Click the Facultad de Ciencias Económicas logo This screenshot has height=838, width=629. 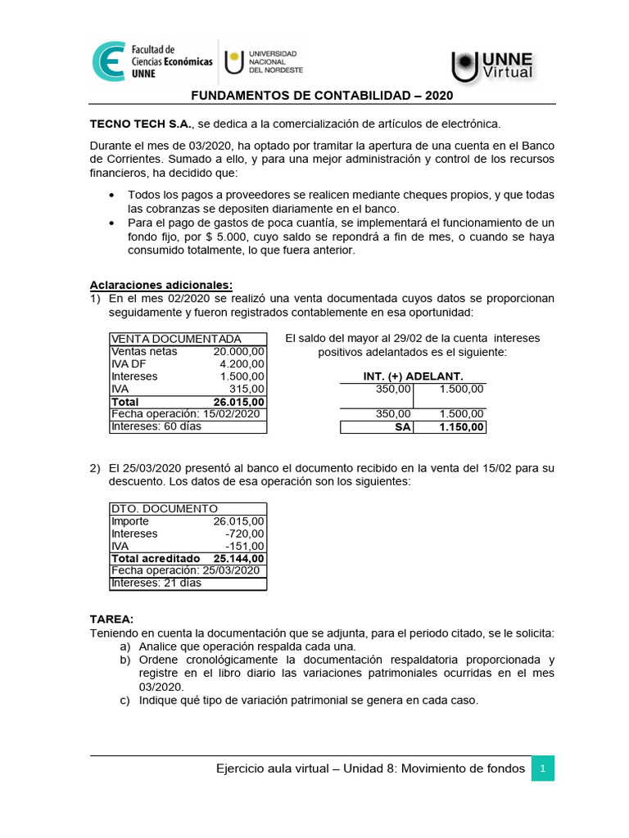152,61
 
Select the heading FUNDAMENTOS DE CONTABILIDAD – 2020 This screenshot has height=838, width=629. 322,95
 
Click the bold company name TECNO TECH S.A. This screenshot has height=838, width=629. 140,124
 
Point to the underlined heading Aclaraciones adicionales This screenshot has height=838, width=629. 161,285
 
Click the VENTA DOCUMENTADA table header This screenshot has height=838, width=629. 176,339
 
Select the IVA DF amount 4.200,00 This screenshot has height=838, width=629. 242,364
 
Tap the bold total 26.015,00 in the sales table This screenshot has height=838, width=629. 238,402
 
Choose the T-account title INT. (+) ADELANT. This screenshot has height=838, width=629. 414,376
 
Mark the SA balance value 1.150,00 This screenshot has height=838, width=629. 462,427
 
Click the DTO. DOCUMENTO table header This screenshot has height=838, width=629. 164,508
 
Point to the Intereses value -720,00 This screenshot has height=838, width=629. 245,534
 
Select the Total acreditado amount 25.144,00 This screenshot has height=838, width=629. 238,558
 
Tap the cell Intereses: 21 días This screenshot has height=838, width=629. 156,583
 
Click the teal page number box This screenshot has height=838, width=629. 542,768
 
